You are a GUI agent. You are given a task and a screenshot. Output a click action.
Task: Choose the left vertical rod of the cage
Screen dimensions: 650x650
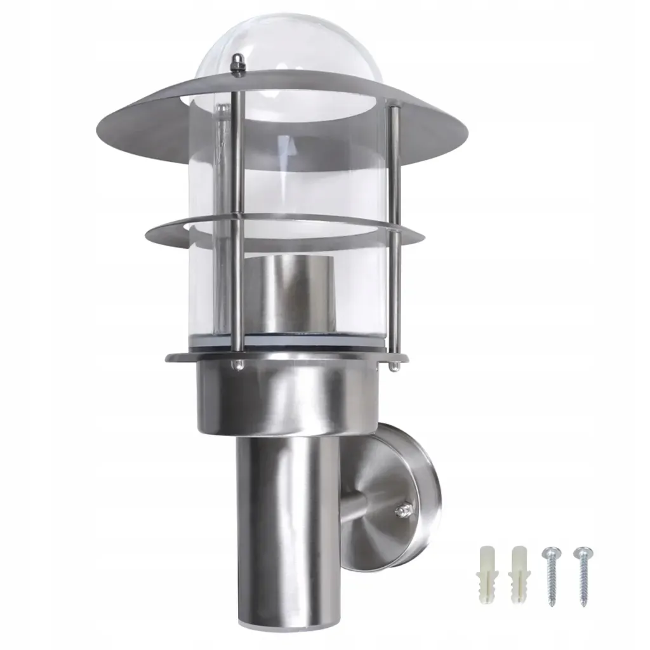[x=235, y=222]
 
